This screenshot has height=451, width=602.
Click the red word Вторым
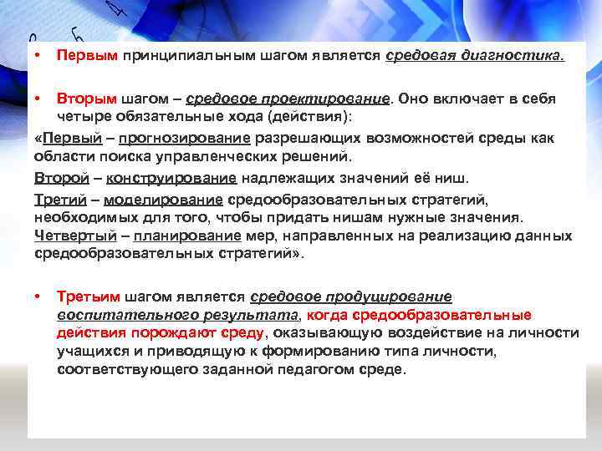[87, 99]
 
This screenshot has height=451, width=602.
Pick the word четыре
[80, 115]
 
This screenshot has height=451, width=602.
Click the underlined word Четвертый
[70, 236]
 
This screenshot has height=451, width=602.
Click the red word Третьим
[89, 296]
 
